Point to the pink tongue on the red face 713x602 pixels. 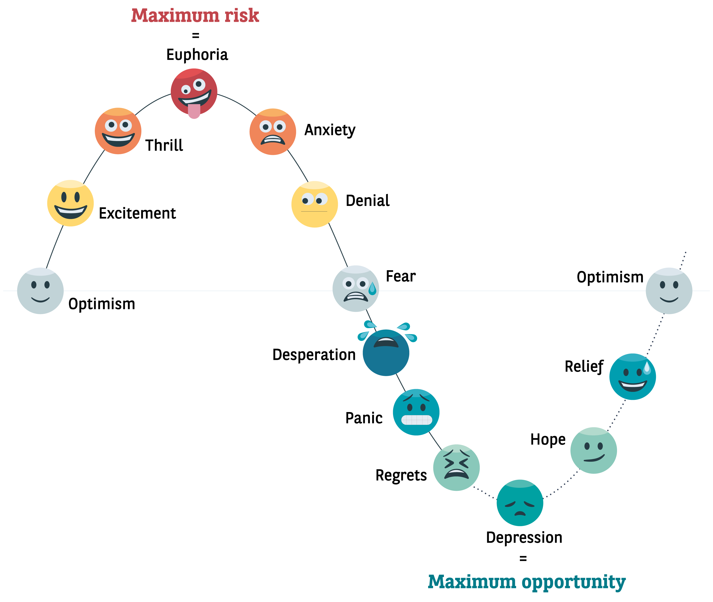[194, 111]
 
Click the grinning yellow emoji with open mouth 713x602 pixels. [70, 203]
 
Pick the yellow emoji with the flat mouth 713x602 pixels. [315, 204]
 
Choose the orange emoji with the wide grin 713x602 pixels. [118, 131]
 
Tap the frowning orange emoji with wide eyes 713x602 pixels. [272, 132]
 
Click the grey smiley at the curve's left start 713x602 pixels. [40, 291]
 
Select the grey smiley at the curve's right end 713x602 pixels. [669, 291]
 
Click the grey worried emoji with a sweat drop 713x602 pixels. [355, 289]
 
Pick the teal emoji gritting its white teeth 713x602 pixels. [416, 412]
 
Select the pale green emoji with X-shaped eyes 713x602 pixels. [456, 467]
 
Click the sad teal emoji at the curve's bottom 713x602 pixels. [520, 503]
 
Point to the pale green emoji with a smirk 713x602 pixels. [594, 450]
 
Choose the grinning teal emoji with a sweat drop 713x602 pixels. [632, 377]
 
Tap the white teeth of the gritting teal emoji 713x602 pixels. [416, 420]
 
